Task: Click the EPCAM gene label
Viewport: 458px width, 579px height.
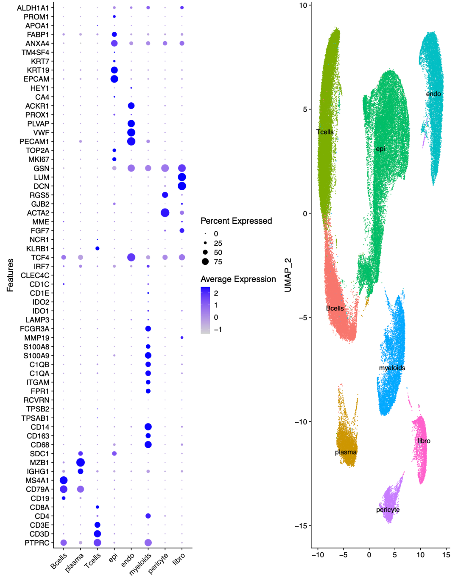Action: pos(36,79)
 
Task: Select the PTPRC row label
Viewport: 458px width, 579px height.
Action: pos(37,542)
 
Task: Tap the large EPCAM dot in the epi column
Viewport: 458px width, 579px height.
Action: pos(114,79)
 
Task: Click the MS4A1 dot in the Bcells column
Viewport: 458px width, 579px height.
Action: pos(64,480)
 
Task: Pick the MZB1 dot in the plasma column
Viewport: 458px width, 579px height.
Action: pos(80,462)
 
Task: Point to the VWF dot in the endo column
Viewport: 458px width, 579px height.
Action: pos(131,132)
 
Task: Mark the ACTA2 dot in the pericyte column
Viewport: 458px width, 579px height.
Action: pos(165,213)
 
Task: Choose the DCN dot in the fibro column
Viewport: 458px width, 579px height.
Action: pos(182,186)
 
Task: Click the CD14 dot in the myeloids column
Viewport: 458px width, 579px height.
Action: pos(148,427)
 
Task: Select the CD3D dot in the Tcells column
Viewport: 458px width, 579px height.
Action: pos(97,534)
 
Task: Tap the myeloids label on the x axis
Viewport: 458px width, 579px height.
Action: pos(141,563)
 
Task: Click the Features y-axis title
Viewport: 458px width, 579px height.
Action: pos(10,275)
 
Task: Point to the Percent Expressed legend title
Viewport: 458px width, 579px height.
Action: pos(236,221)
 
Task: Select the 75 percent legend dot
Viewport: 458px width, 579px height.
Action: pos(205,261)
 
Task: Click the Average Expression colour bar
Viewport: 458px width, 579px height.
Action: pos(205,310)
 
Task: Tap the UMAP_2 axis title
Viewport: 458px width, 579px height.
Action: pos(288,275)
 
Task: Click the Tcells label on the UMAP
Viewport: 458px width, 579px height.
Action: pos(325,132)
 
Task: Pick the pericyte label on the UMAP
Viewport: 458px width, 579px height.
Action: pos(388,510)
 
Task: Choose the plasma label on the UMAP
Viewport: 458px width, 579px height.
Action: pos(346,452)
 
